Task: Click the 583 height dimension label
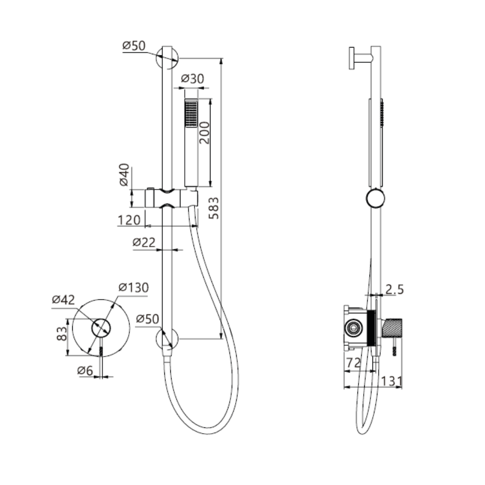point(213,208)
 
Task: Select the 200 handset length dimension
point(204,133)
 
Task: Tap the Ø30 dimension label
point(193,79)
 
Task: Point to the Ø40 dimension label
point(124,175)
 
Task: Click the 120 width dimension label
point(129,220)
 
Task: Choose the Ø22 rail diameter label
point(144,242)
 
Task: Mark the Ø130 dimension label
point(134,287)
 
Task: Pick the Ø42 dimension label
point(64,299)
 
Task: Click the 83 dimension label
point(62,334)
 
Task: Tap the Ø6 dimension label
point(85,370)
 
